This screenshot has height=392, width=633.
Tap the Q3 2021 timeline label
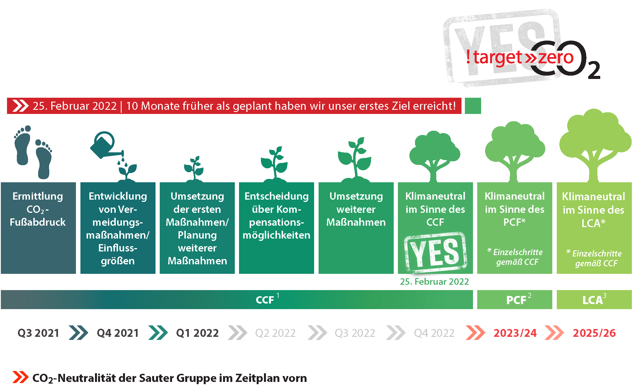coord(38,333)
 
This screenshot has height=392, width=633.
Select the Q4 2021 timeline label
coord(118,333)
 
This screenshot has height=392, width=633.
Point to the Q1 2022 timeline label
coord(197,333)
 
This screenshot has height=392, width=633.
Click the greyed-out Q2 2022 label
coord(275,333)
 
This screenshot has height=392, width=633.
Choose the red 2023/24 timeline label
coord(515,333)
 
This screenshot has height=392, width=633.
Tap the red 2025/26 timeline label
coord(594,333)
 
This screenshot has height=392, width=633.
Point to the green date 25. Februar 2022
coord(434,281)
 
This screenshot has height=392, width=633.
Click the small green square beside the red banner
coord(473,106)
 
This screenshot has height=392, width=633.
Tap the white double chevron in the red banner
coord(20,106)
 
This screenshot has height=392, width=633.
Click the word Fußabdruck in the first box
coord(38,222)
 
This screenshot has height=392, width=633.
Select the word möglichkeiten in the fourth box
coord(277,235)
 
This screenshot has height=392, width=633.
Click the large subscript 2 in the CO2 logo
coord(594,70)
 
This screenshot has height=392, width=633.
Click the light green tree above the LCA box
coord(594,146)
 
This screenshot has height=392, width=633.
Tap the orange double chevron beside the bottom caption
coord(20,377)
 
